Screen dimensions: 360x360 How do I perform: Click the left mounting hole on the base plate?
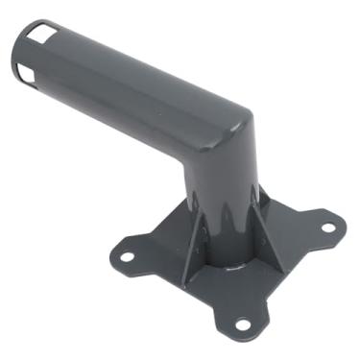125,256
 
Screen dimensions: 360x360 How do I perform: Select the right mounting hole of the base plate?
327,228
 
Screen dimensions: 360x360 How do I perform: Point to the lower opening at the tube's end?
27,74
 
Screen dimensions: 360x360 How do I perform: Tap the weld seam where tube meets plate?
235,266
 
